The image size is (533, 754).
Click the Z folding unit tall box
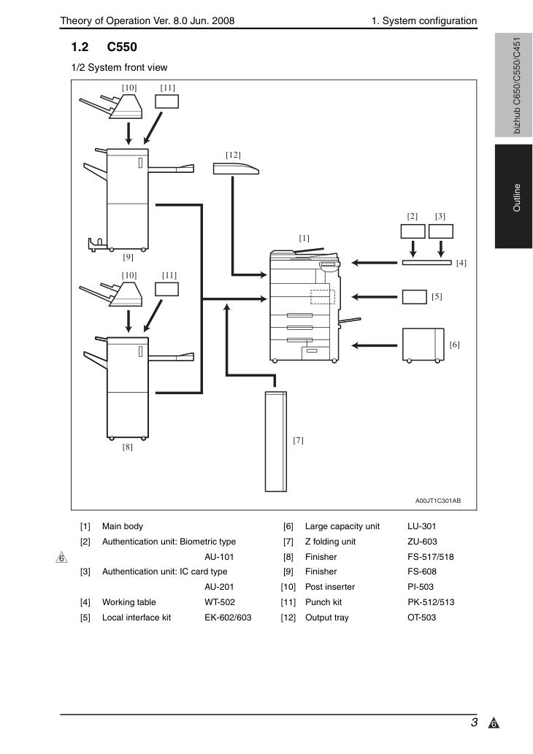click(x=276, y=442)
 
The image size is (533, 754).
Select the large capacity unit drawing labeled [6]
click(x=423, y=345)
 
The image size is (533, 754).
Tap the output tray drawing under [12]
click(x=236, y=169)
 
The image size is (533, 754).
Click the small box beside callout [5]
click(x=414, y=296)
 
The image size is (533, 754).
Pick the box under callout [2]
click(x=413, y=231)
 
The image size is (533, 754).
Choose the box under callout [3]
click(x=441, y=231)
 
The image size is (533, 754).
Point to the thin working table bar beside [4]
click(x=426, y=263)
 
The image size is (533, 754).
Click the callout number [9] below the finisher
click(x=128, y=257)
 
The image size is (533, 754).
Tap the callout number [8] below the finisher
click(x=128, y=447)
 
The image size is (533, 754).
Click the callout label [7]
click(x=298, y=440)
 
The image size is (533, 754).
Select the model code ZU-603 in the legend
click(x=422, y=542)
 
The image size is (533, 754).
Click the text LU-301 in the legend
click(x=422, y=526)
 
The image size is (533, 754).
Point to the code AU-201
click(x=219, y=587)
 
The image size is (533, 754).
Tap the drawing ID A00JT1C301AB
click(x=438, y=501)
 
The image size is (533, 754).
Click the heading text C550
click(x=122, y=47)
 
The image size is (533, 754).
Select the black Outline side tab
click(x=514, y=196)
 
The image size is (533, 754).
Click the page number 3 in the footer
click(x=475, y=723)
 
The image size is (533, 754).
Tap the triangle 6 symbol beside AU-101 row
click(x=61, y=558)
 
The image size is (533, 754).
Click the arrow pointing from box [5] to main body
click(x=375, y=296)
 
